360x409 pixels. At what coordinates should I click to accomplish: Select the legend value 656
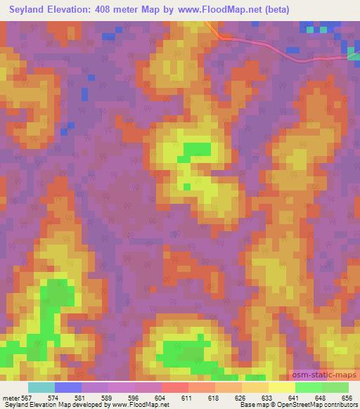click(x=345, y=398)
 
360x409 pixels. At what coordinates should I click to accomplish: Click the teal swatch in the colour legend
click(x=41, y=387)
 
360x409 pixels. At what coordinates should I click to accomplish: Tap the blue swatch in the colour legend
click(x=67, y=387)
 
